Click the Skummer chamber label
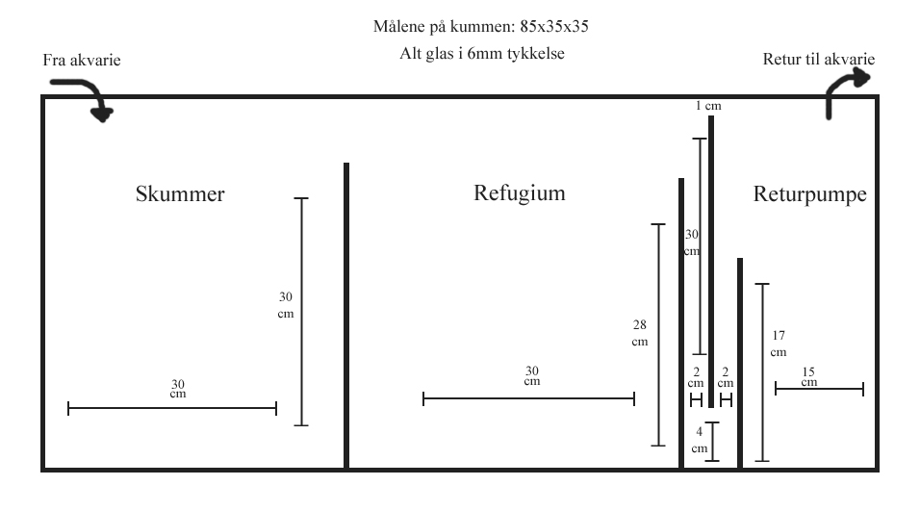pyautogui.click(x=180, y=193)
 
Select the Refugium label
pyautogui.click(x=520, y=193)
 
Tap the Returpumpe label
pyautogui.click(x=809, y=194)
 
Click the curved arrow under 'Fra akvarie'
pyautogui.click(x=88, y=97)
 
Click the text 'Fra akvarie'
pyautogui.click(x=82, y=60)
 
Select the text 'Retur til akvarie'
pyautogui.click(x=819, y=60)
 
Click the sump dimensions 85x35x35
pyautogui.click(x=554, y=26)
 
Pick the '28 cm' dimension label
pyautogui.click(x=640, y=333)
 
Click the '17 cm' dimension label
pyautogui.click(x=779, y=344)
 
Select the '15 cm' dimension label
pyautogui.click(x=808, y=376)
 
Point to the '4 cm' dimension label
pyautogui.click(x=699, y=440)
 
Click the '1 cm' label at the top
pyautogui.click(x=708, y=106)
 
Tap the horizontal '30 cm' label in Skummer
pyautogui.click(x=178, y=389)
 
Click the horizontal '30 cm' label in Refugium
pyautogui.click(x=531, y=375)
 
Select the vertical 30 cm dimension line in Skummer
pyautogui.click(x=301, y=312)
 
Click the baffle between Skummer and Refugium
pyautogui.click(x=346, y=316)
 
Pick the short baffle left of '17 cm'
pyautogui.click(x=740, y=363)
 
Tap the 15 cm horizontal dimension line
pyautogui.click(x=819, y=389)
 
